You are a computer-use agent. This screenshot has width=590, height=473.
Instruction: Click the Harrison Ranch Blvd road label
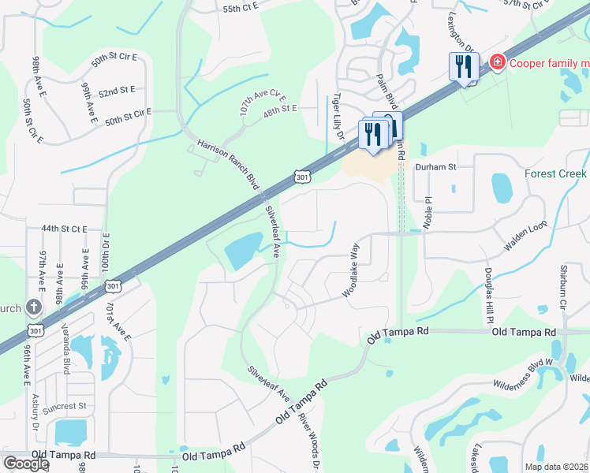pyautogui.click(x=229, y=165)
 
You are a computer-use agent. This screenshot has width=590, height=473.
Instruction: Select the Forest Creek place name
pyautogui.click(x=556, y=174)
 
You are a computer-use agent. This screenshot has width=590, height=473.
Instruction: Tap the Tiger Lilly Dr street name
pyautogui.click(x=338, y=117)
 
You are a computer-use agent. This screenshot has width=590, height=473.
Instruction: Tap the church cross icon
pyautogui.click(x=34, y=307)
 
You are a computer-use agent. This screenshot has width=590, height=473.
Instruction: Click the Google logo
pyautogui.click(x=25, y=463)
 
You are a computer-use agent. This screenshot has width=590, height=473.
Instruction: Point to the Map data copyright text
pyautogui.click(x=556, y=467)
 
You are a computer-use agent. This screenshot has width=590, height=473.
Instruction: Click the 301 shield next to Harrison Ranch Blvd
pyautogui.click(x=302, y=178)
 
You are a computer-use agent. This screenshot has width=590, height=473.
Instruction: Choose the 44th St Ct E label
pyautogui.click(x=64, y=229)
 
